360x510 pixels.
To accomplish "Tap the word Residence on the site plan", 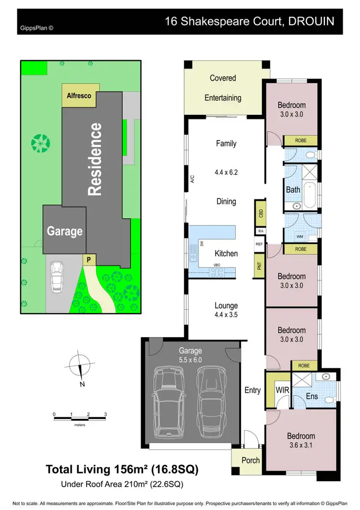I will click(x=95, y=159).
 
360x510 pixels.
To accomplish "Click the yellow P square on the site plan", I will click(x=88, y=260).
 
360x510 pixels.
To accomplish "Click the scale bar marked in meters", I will click(x=80, y=419).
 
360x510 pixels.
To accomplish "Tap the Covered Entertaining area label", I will click(x=223, y=88).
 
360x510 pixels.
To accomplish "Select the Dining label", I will click(x=226, y=201).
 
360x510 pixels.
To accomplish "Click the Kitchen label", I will click(x=226, y=253).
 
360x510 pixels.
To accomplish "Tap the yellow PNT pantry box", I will click(x=260, y=266).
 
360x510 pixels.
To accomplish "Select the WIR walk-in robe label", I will click(x=282, y=390).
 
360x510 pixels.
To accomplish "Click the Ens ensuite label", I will click(x=312, y=397).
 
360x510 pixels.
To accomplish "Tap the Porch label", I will click(x=250, y=460).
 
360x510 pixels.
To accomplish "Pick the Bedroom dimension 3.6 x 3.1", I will click(x=301, y=446).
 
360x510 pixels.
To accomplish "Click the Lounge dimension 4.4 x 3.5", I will click(x=226, y=316).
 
